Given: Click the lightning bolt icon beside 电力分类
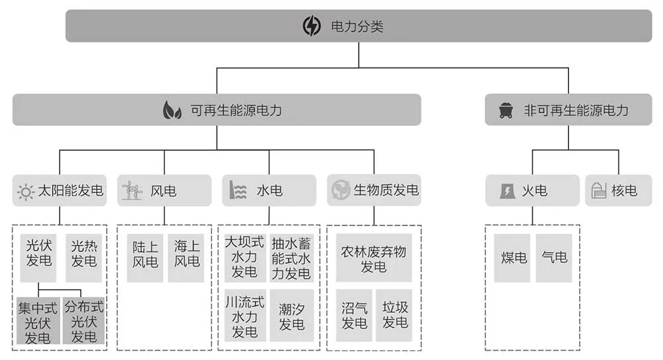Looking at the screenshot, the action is [312, 26].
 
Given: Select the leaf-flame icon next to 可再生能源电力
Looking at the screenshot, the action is [172, 111].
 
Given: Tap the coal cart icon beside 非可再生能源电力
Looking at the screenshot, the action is [506, 111].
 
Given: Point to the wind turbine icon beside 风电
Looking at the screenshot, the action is [132, 191].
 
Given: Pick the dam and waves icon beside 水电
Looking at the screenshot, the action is [237, 190].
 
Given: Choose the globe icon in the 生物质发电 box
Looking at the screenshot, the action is [340, 190].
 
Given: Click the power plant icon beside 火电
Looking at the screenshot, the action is [507, 191].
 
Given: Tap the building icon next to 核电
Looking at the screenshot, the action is [599, 190].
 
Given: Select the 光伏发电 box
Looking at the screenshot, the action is [38, 258].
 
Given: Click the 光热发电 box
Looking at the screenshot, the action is [84, 258].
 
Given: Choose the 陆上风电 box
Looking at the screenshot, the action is [145, 258].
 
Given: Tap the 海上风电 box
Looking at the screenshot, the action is [186, 258].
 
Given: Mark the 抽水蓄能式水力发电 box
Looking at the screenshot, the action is [291, 258].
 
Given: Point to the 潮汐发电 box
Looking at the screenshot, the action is [292, 316].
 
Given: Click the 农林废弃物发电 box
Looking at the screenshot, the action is [374, 258].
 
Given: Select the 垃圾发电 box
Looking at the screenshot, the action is [394, 316].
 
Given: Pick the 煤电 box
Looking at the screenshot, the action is [512, 258].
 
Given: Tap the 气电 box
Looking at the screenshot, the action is [554, 258].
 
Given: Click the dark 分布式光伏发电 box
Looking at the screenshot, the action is [84, 321].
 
